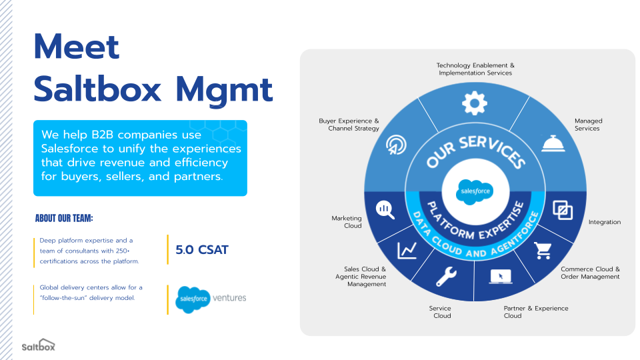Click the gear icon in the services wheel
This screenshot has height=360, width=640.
click(475, 103)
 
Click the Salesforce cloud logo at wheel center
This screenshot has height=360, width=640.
click(475, 191)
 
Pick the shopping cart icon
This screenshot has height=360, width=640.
click(543, 251)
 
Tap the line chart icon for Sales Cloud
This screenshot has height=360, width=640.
click(407, 251)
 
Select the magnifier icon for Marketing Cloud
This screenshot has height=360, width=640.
click(385, 209)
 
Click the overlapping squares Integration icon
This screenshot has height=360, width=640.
click(563, 211)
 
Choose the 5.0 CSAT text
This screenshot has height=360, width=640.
click(202, 250)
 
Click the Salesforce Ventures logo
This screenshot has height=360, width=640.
click(211, 299)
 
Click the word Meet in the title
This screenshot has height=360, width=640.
click(77, 47)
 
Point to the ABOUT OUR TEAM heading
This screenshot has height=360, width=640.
click(64, 219)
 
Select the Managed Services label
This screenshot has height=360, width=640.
click(587, 125)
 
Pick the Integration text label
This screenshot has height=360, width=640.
click(604, 222)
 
